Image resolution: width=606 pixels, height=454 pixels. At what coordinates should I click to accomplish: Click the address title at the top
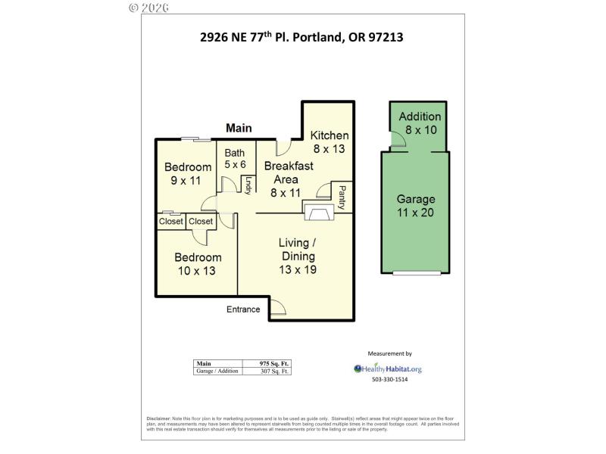coord(301,36)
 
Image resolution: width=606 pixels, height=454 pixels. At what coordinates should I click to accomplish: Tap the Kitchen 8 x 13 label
coord(330,141)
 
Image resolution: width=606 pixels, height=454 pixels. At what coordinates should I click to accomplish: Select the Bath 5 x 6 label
coord(235,159)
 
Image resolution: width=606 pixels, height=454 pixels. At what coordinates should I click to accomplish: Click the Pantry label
coord(342,197)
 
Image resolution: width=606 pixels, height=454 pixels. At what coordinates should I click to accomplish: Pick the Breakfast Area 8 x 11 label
coord(286,179)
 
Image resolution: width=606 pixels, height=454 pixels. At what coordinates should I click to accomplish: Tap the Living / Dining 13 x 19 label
coord(297,256)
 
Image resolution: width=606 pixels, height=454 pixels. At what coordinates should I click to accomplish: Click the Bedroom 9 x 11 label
coord(188,173)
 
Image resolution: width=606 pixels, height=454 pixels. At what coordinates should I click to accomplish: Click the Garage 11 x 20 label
coord(416,206)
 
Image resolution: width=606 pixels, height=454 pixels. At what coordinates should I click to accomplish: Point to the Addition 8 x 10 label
coord(420,123)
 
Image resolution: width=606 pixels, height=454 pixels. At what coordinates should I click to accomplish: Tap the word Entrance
coord(244,309)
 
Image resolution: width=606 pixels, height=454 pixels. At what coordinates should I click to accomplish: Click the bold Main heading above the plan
coord(239,129)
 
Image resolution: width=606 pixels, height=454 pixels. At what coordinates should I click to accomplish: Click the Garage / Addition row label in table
coord(218,371)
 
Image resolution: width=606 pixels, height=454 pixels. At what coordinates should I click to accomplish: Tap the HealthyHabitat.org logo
coord(388,368)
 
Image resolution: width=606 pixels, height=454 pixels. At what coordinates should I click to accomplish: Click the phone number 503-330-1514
coord(389,379)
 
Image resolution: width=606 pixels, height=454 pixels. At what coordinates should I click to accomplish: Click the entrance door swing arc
coord(278,306)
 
